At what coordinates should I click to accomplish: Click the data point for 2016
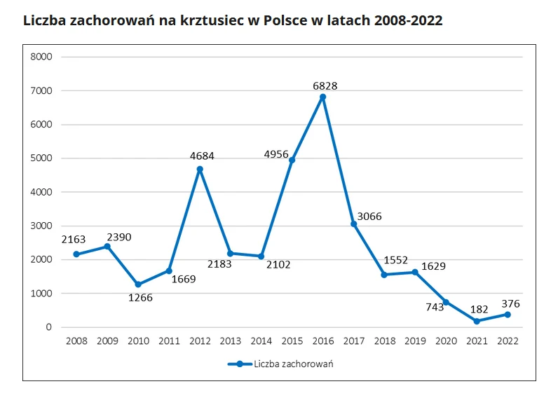[x=322, y=97]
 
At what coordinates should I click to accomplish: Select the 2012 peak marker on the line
[x=200, y=169]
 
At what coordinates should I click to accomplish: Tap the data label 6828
[x=325, y=85]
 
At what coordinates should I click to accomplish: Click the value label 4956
[x=276, y=154]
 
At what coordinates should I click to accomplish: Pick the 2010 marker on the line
[x=138, y=284]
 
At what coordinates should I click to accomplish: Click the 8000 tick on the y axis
[x=42, y=57]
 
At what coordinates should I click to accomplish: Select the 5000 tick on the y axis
[x=42, y=158]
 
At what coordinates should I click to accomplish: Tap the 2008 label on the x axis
[x=76, y=341]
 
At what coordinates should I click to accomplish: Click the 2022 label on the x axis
[x=508, y=341]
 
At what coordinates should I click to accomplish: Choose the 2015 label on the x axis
[x=292, y=341]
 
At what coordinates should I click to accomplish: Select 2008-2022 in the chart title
[x=408, y=20]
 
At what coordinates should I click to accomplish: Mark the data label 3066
[x=369, y=216]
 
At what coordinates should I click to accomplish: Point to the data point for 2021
[x=477, y=321]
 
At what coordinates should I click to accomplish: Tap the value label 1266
[x=139, y=297]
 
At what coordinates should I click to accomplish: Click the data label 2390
[x=118, y=237]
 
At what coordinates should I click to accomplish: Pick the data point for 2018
[x=384, y=275]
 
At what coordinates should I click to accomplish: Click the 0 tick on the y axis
[x=49, y=327]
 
